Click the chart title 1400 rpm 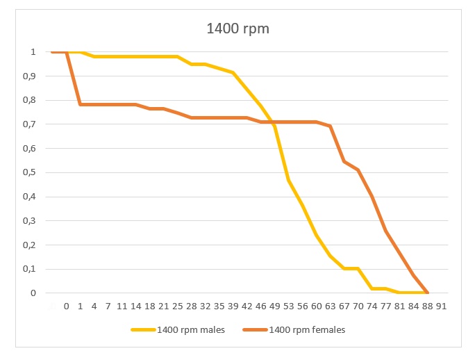click(237, 30)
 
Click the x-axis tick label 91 click(441, 306)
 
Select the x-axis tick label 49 click(274, 306)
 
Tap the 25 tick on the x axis click(177, 306)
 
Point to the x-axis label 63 click(330, 306)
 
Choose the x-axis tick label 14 click(135, 306)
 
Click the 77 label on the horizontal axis click(385, 306)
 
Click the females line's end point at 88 click(427, 293)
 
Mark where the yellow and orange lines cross click(273, 122)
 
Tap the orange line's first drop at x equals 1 click(81, 104)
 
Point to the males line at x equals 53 click(288, 180)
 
